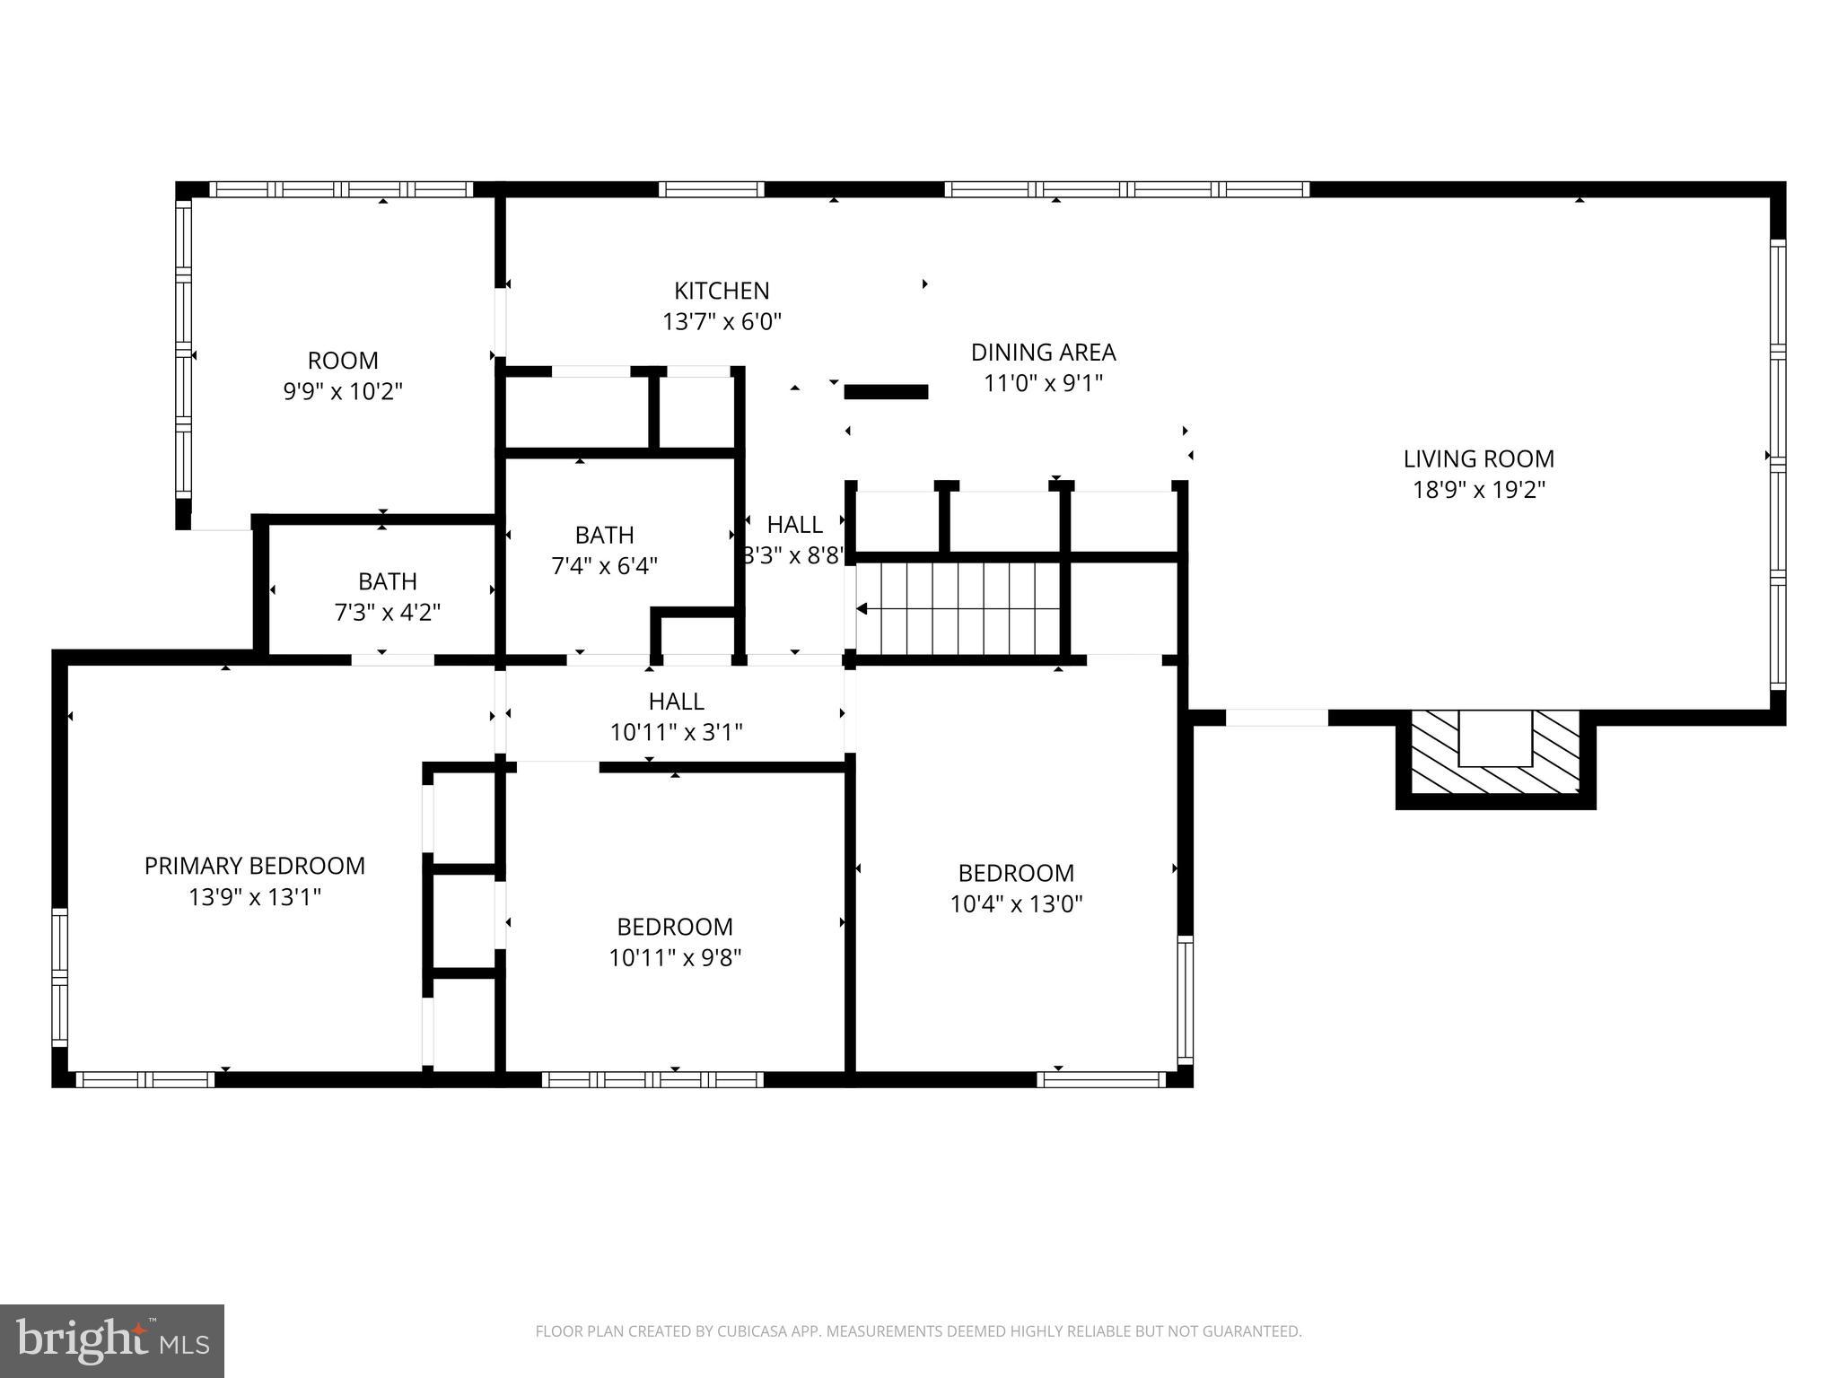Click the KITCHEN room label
722,291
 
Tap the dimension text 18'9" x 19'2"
1478,490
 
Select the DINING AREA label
1043,352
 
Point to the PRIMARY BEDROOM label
255,866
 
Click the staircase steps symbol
958,608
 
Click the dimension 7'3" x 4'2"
387,613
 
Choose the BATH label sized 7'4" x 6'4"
604,536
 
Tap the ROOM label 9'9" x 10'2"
343,361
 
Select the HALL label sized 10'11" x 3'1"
676,702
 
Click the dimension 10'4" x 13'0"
1016,904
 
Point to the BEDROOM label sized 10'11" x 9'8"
675,927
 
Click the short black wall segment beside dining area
886,392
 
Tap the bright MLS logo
111,1340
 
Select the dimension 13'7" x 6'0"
722,322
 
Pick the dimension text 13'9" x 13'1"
255,897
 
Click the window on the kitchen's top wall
711,189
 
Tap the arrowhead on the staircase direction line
862,609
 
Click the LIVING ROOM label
1478,458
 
